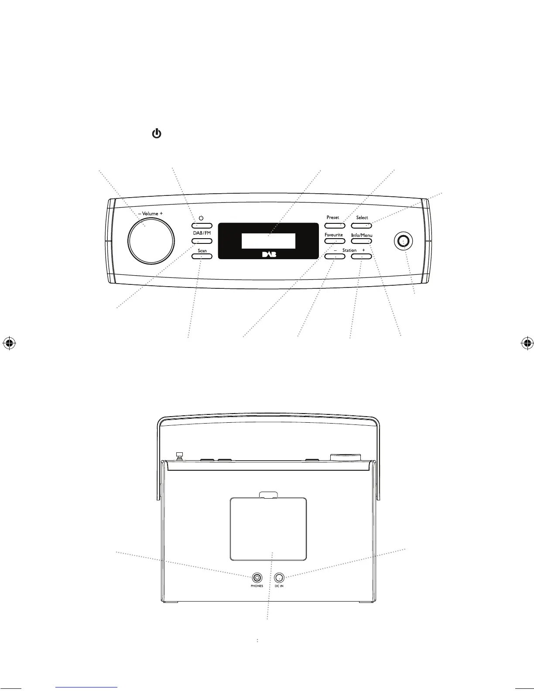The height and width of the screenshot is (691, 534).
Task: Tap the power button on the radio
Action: pyautogui.click(x=201, y=226)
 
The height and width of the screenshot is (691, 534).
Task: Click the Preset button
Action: pyautogui.click(x=334, y=226)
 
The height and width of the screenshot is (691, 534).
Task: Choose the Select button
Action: pyautogui.click(x=362, y=226)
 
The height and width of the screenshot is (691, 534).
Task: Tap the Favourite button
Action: pyautogui.click(x=334, y=241)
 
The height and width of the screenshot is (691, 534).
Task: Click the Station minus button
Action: pyautogui.click(x=335, y=257)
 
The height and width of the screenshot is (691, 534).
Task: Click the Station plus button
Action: pyautogui.click(x=362, y=257)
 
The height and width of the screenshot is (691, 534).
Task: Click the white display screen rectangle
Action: pyautogui.click(x=268, y=241)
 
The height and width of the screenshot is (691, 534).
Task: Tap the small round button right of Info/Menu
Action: pyautogui.click(x=404, y=241)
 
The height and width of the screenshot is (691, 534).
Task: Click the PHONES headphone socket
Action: pyautogui.click(x=257, y=578)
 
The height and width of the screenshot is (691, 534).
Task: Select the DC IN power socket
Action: pyautogui.click(x=279, y=578)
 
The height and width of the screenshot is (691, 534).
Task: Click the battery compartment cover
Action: pyautogui.click(x=268, y=529)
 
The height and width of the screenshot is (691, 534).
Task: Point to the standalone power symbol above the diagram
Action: pyautogui.click(x=157, y=134)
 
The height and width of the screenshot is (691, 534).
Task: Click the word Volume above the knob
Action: pyautogui.click(x=150, y=214)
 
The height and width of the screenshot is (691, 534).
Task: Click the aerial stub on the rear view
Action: pyautogui.click(x=179, y=455)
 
